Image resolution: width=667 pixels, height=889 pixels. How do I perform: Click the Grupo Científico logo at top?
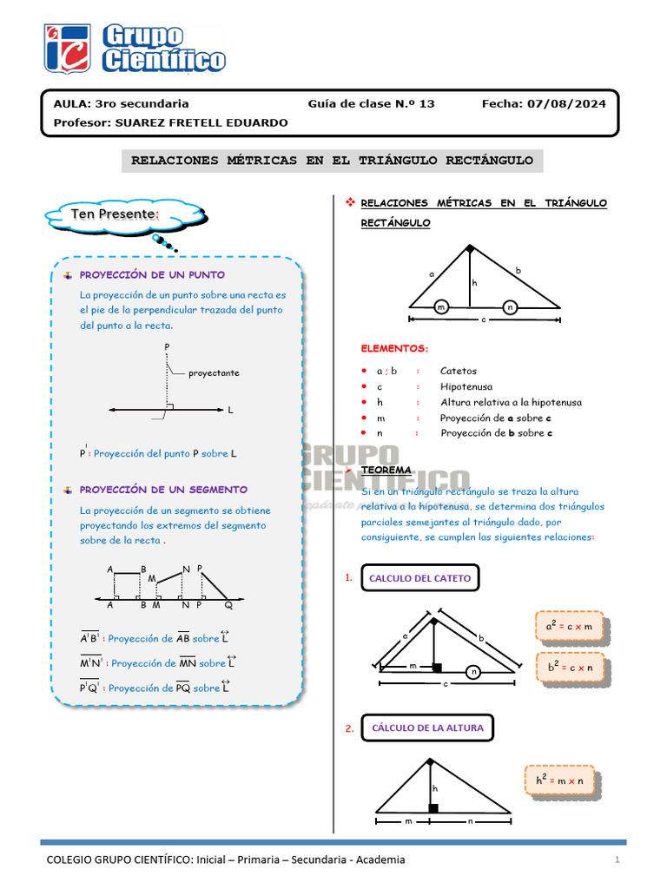(x=135, y=48)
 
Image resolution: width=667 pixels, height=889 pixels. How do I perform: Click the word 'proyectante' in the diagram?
(x=214, y=373)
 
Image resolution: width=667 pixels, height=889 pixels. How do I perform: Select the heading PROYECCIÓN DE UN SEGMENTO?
(x=163, y=490)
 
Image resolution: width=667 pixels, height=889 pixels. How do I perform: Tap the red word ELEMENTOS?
(x=394, y=348)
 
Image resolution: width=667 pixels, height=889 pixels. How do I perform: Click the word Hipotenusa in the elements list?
(x=466, y=386)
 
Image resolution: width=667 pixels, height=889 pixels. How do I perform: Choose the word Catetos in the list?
(x=458, y=371)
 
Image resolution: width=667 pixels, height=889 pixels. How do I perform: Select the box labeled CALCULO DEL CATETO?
(x=419, y=578)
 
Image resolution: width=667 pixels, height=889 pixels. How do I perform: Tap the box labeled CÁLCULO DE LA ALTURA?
(x=427, y=728)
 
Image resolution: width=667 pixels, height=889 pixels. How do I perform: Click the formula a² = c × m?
(x=569, y=626)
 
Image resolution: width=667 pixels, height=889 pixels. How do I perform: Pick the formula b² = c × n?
(x=570, y=667)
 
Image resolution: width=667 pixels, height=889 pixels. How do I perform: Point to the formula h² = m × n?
(x=559, y=780)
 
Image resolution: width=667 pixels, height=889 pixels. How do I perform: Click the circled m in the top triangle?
(x=441, y=307)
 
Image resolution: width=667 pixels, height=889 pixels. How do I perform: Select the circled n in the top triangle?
(x=510, y=307)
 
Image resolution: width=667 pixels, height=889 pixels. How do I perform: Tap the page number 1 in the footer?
(x=616, y=860)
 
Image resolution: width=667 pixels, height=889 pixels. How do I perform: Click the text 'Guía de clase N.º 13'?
(x=371, y=103)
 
